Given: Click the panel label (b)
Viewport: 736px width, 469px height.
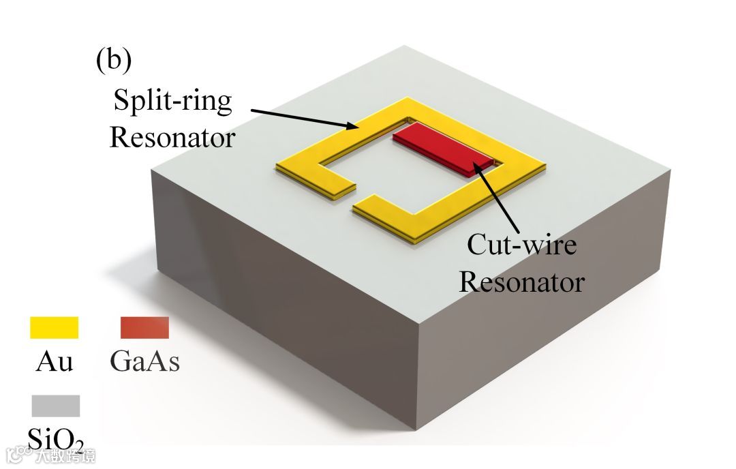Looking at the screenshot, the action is (x=113, y=61).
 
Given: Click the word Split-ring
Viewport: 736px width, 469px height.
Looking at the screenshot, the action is (x=172, y=103).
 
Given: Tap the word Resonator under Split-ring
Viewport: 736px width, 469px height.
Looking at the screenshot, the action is (x=172, y=138).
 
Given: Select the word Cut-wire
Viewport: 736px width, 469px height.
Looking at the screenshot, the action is (x=521, y=244).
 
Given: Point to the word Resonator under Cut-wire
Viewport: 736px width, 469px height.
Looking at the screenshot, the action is (x=521, y=281).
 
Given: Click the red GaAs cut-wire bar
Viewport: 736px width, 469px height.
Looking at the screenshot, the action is (x=443, y=149).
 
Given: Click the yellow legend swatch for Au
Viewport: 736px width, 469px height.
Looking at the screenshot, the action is (x=55, y=328).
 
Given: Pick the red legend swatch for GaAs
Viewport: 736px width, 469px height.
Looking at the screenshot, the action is (x=144, y=328).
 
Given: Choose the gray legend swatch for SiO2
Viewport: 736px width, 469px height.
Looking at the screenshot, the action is (x=55, y=406).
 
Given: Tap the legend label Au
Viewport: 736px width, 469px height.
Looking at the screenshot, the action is (x=54, y=362).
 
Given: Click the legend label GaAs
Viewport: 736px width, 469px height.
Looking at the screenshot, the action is (x=144, y=362).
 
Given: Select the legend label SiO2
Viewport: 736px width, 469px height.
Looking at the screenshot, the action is (x=57, y=436).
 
